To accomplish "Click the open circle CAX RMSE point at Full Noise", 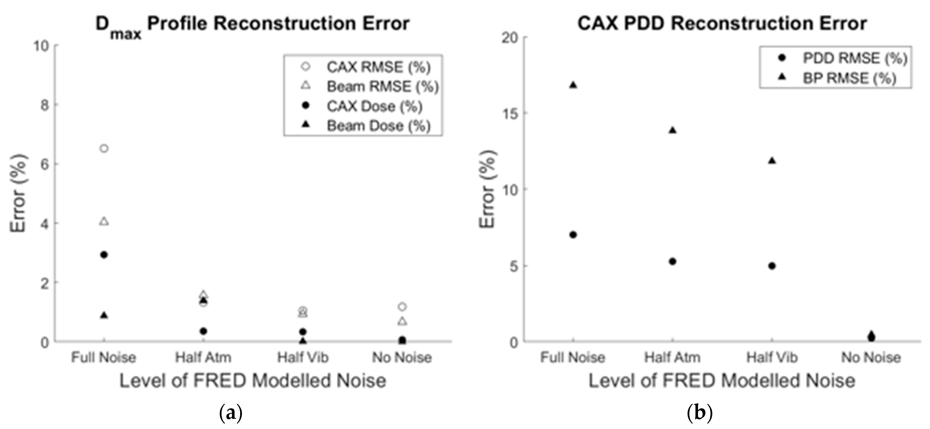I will pyautogui.click(x=104, y=148).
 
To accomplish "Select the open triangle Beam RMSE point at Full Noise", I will pyautogui.click(x=104, y=222).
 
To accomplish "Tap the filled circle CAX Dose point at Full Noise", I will pyautogui.click(x=104, y=255).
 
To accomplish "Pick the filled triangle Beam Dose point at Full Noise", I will pyautogui.click(x=104, y=315).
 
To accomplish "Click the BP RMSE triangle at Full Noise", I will pyautogui.click(x=573, y=85).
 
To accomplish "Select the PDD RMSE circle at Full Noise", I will pyautogui.click(x=573, y=235).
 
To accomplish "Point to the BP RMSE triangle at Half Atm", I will pyautogui.click(x=672, y=130).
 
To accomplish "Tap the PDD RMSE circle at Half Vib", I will pyautogui.click(x=772, y=266).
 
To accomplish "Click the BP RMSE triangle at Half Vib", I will pyautogui.click(x=772, y=161).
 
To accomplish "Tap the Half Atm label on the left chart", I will pyautogui.click(x=203, y=358).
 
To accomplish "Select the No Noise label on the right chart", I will pyautogui.click(x=871, y=358).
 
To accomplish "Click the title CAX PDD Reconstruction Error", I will pyautogui.click(x=722, y=24).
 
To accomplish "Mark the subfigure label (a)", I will pyautogui.click(x=231, y=412).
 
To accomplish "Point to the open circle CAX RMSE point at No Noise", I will pyautogui.click(x=402, y=307).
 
